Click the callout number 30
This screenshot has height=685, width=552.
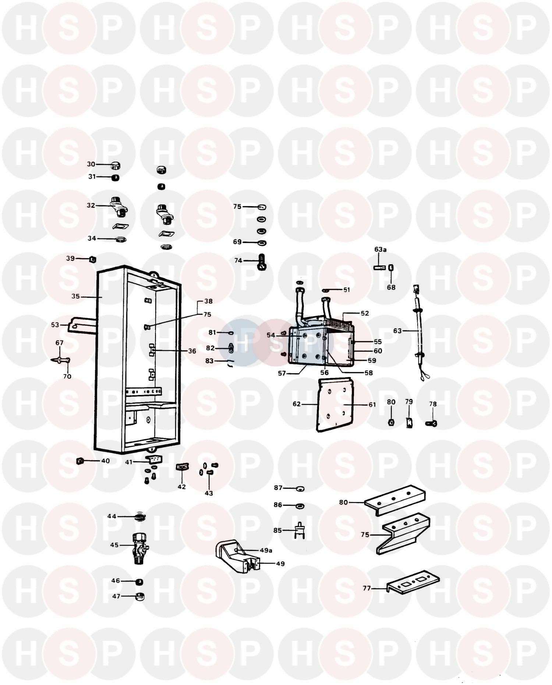(91, 164)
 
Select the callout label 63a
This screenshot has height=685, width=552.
(381, 249)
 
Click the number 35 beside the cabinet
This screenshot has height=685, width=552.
(75, 296)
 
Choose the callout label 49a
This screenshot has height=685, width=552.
(266, 550)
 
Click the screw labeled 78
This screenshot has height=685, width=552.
(431, 424)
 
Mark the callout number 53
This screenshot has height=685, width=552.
(55, 325)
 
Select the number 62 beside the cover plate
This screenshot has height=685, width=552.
(297, 404)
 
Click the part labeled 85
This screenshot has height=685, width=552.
(300, 531)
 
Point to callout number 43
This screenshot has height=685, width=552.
(209, 493)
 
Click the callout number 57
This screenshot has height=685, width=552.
(282, 373)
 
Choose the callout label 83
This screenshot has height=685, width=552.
(209, 361)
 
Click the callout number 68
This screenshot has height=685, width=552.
(391, 287)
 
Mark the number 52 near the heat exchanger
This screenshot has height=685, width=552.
(365, 313)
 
